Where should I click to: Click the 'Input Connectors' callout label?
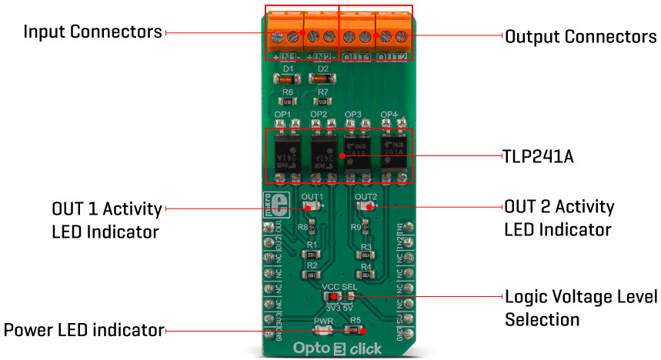[x=93, y=32]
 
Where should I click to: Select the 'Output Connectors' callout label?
[x=580, y=36]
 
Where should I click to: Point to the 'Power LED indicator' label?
[x=84, y=331]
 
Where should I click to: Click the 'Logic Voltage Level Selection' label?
[x=580, y=307]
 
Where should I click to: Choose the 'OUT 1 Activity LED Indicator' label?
[x=107, y=219]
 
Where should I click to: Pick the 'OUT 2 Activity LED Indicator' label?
[x=559, y=218]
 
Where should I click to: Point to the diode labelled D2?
[x=322, y=78]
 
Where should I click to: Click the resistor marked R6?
[x=288, y=100]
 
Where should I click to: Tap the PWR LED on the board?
[x=322, y=331]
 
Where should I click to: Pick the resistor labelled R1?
[x=312, y=253]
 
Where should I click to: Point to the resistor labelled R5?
[x=354, y=331]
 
